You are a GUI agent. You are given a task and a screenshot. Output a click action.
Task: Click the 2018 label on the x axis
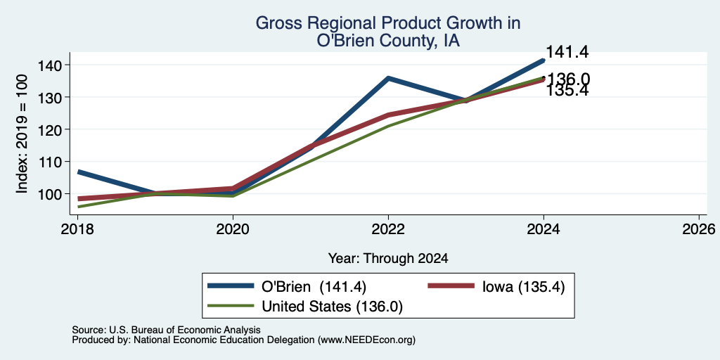coord(77,229)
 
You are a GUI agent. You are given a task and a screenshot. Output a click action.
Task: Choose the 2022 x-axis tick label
coord(388,229)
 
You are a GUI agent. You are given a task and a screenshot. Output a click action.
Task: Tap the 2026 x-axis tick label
coord(699,229)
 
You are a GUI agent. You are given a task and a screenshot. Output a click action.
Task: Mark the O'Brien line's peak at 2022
coord(388,78)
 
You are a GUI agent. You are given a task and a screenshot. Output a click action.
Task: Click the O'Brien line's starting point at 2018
coord(79,172)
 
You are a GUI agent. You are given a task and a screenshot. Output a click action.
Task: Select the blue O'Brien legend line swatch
coord(231,285)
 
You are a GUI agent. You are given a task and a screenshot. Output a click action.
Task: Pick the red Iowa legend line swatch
coord(451,285)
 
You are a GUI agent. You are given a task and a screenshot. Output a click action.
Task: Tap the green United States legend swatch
coord(231,306)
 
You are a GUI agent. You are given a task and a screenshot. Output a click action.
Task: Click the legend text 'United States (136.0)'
coord(332,307)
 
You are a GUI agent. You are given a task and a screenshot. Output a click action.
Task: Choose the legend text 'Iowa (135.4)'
coord(523,286)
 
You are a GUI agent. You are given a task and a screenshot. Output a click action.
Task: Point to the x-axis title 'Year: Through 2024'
coord(388,259)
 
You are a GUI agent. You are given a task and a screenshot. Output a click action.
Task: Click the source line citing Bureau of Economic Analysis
coord(166,330)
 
